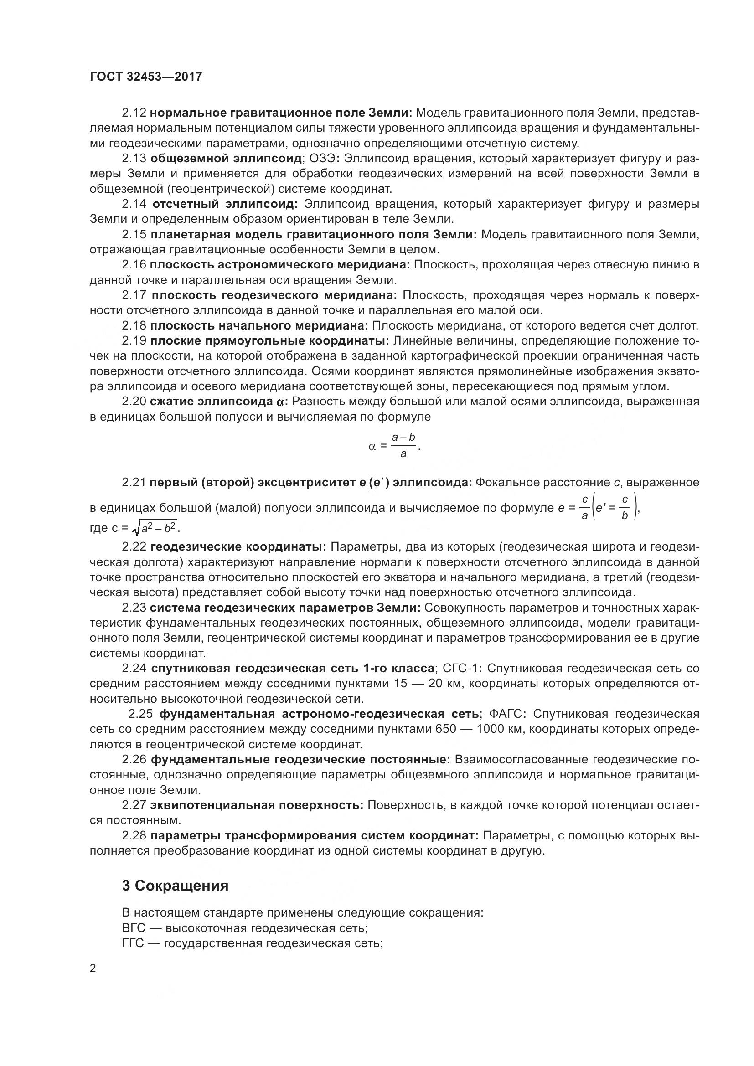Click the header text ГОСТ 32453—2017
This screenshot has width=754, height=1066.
(146, 77)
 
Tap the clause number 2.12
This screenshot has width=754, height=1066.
(134, 113)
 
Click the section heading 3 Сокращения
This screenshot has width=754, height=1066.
(175, 886)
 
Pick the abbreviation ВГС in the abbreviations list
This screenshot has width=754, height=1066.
(134, 928)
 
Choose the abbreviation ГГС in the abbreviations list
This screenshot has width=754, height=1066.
(133, 943)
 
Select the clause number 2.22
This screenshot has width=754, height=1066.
(134, 547)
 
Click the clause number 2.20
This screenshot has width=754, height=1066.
(134, 401)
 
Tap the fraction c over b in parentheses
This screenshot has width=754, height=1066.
(625, 507)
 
